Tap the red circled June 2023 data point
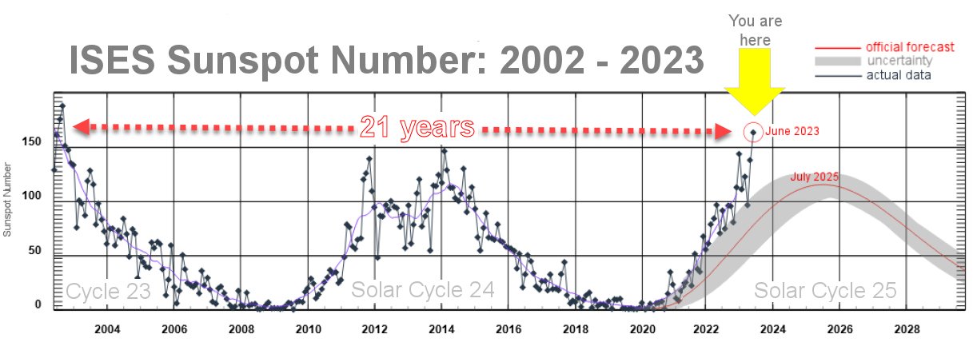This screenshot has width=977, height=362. coord(752,132)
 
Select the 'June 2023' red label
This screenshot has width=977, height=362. coord(792,131)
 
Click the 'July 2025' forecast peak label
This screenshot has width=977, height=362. coord(815,177)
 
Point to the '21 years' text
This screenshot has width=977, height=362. coord(417,127)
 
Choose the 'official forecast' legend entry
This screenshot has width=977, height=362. coord(910,47)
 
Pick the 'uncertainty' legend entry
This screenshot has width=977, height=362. coord(899,62)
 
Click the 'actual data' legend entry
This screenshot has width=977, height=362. coord(899,76)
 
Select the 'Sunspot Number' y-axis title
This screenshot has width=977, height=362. coord(8,201)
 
